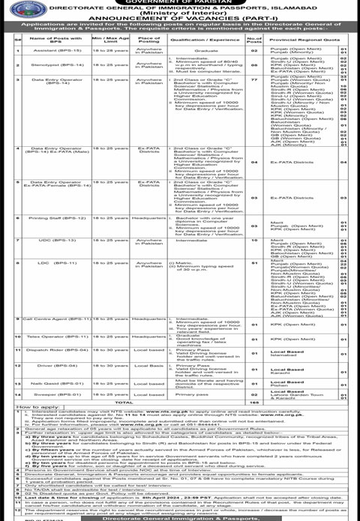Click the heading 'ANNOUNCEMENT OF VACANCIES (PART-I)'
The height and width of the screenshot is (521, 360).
point(179,19)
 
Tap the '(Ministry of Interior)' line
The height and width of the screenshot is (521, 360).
point(179,13)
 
